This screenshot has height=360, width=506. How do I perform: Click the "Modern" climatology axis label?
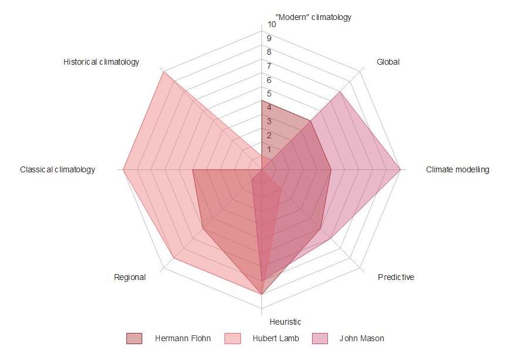coord(313,17)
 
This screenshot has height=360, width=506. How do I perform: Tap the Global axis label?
coord(388,62)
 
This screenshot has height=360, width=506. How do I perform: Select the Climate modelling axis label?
coord(457,170)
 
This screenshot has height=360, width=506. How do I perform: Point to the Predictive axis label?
coord(396,277)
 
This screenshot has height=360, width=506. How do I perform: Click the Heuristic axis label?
coord(285,322)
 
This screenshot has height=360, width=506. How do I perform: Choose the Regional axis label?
coord(130,277)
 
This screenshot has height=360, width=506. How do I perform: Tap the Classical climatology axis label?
coord(58,170)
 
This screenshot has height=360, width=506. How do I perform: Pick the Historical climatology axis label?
coord(102,62)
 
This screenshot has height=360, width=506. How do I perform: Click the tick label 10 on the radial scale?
coord(272,25)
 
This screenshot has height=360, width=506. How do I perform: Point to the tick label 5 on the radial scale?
coord(269,94)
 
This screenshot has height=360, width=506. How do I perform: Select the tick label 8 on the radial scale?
coord(269,52)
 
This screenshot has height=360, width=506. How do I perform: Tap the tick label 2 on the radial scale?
coord(269,136)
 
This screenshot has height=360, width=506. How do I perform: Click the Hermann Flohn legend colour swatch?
coord(134,338)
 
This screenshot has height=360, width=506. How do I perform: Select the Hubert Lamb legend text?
coord(276,338)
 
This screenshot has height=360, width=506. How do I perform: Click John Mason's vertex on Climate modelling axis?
coord(400,170)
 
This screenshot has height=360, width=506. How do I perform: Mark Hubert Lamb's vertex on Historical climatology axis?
coord(163,72)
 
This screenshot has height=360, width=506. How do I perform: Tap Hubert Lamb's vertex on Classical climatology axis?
coord(123,170)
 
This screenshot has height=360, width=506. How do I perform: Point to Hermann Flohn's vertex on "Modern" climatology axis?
coord(262,101)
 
